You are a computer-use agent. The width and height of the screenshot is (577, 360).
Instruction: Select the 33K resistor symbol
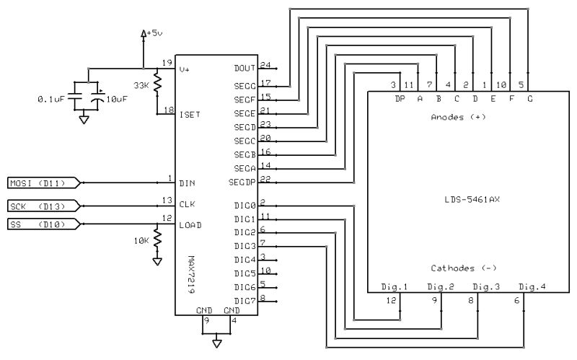click(x=157, y=84)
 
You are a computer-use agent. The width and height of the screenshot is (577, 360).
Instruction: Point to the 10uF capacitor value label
click(x=118, y=99)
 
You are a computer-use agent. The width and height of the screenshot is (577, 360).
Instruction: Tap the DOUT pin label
click(x=244, y=68)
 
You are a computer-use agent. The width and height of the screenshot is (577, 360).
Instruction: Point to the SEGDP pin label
click(x=242, y=181)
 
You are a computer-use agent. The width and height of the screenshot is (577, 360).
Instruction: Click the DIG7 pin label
click(x=245, y=299)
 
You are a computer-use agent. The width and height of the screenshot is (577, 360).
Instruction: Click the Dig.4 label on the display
click(x=533, y=287)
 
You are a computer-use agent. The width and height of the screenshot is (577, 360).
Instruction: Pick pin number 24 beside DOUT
click(x=265, y=64)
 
